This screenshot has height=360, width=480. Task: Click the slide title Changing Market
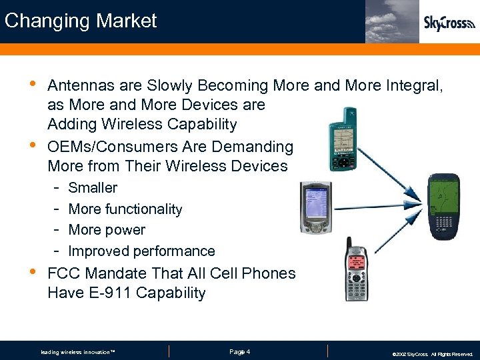pyautogui.click(x=81, y=21)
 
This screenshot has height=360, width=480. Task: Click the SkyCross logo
pyautogui.click(x=449, y=23)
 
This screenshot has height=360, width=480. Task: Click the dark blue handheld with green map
pyautogui.click(x=444, y=207)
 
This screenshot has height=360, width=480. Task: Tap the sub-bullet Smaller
pyautogui.click(x=93, y=188)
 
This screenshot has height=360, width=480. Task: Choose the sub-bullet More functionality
pyautogui.click(x=125, y=209)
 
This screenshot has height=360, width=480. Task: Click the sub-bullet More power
pyautogui.click(x=107, y=230)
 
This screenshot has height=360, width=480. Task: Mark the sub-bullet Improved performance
pyautogui.click(x=141, y=251)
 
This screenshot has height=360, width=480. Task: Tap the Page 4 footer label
pyautogui.click(x=239, y=351)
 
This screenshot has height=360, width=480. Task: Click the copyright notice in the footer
pyautogui.click(x=432, y=354)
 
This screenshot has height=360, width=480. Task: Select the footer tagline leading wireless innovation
pyautogui.click(x=78, y=352)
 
